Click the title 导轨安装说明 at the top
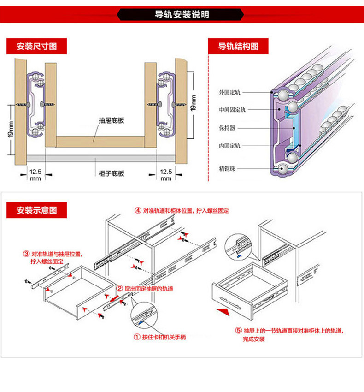(x=182, y=14)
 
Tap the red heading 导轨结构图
(x=238, y=47)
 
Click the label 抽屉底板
(x=111, y=120)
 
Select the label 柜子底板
(x=111, y=174)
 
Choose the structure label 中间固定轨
(x=232, y=110)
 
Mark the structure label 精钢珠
(x=227, y=168)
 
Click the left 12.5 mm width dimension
(x=35, y=174)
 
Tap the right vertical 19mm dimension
(x=194, y=103)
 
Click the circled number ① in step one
(x=137, y=337)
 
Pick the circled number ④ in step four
(x=137, y=210)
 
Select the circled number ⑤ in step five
(x=238, y=331)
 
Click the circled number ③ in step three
(x=26, y=254)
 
